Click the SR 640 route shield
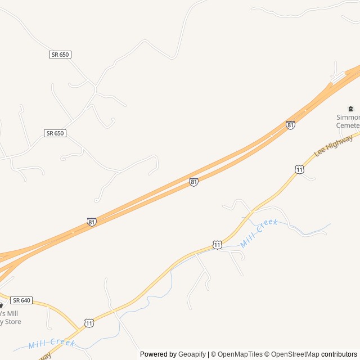(x=21, y=300)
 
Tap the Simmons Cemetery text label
(x=348, y=121)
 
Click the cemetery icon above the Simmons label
(x=350, y=109)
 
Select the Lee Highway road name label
(x=334, y=145)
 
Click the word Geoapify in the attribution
(x=192, y=354)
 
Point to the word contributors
(x=339, y=354)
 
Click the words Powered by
(x=158, y=354)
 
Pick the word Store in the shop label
(x=12, y=321)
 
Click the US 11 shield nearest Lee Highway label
(x=299, y=169)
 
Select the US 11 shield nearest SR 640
(x=89, y=322)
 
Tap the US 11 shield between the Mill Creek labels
(x=217, y=245)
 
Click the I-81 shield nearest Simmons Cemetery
(x=290, y=125)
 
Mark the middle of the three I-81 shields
(x=193, y=182)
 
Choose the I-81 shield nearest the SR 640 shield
(x=92, y=222)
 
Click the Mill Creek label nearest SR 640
(x=52, y=343)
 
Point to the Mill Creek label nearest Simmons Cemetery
(x=259, y=233)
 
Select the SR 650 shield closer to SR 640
(x=55, y=133)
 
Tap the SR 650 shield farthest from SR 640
(x=60, y=55)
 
